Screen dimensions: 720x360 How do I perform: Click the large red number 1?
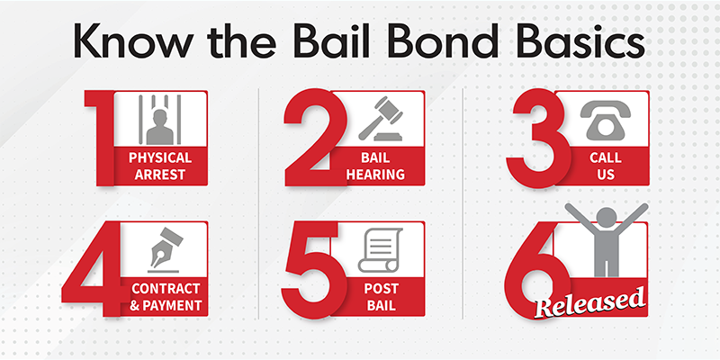tap(99, 138)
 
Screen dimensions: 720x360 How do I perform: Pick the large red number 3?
tap(538, 138)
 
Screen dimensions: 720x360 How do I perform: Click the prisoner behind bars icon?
tap(160, 120)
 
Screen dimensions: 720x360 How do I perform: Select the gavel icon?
tap(381, 119)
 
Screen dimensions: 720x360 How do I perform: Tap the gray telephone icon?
tap(605, 121)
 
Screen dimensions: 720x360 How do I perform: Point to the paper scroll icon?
tap(381, 250)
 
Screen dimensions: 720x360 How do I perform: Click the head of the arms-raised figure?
tap(606, 217)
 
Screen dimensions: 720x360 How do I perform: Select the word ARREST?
tap(160, 175)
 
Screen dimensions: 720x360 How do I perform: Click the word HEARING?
tap(375, 175)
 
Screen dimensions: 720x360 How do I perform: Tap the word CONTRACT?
tap(166, 289)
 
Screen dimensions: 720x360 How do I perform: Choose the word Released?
tap(590, 302)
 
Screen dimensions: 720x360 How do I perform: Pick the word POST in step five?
tap(382, 289)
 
